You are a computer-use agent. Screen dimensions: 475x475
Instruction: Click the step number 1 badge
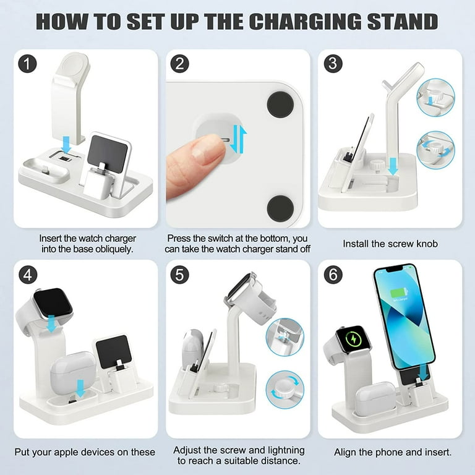pyautogui.click(x=26, y=64)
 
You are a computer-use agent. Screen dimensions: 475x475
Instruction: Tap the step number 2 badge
pyautogui.click(x=179, y=64)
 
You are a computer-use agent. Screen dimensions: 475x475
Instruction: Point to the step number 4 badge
pyautogui.click(x=26, y=274)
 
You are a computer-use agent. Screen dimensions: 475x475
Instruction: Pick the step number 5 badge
pyautogui.click(x=179, y=274)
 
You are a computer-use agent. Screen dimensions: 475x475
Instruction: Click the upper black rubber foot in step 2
pyautogui.click(x=280, y=104)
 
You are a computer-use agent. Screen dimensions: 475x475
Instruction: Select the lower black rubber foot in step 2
pyautogui.click(x=280, y=208)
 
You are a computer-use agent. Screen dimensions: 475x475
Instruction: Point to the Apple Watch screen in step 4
pyautogui.click(x=53, y=302)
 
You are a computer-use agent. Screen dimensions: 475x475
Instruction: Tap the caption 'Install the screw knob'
pyautogui.click(x=390, y=244)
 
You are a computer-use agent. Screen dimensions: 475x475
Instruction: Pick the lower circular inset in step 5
pyautogui.click(x=284, y=388)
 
